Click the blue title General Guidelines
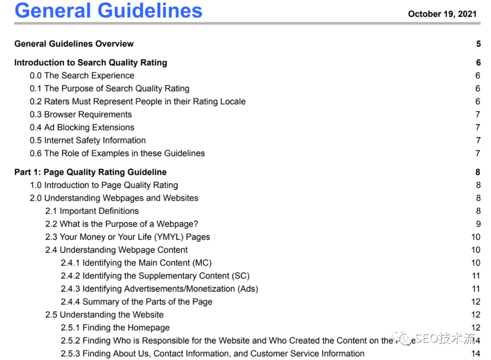[x=108, y=10]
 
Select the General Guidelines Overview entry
[x=74, y=44]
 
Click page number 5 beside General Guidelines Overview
[x=478, y=44]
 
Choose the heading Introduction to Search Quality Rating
[x=90, y=63]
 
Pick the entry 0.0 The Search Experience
[x=82, y=76]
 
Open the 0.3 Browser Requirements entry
[x=81, y=114]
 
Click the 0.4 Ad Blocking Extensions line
[x=82, y=127]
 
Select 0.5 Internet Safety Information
[x=88, y=140]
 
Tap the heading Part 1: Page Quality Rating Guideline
[x=90, y=172]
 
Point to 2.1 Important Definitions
[x=92, y=211]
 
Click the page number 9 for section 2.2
[x=478, y=224]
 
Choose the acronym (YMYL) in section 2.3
[x=162, y=237]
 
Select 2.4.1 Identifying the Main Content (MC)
[x=136, y=263]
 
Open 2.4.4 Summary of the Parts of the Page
[x=136, y=302]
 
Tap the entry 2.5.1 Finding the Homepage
[x=115, y=328]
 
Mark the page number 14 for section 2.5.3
[x=476, y=353]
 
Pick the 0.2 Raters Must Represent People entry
[x=137, y=102]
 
